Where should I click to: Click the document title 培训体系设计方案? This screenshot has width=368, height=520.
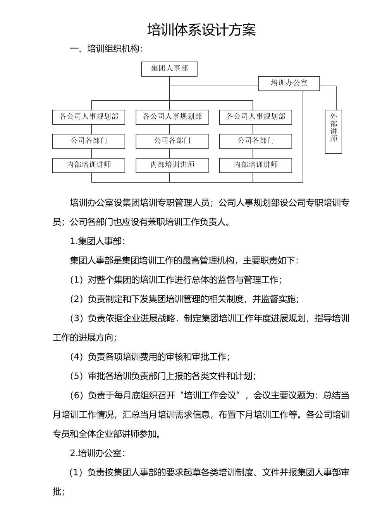201,30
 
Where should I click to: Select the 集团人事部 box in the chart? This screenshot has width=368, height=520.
169,69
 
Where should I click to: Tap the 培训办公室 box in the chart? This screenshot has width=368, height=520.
289,83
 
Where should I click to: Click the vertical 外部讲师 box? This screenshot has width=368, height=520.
333,132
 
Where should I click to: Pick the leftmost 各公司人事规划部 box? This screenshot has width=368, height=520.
89,117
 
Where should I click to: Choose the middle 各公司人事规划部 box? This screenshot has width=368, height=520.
172,117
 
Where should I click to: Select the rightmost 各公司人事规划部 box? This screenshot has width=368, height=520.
255,117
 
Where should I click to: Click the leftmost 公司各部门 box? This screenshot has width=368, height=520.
89,141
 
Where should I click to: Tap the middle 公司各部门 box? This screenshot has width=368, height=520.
172,141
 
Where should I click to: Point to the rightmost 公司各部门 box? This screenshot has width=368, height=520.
255,141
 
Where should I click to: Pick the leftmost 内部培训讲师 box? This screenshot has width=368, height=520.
89,165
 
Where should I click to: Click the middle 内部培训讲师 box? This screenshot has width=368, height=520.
172,165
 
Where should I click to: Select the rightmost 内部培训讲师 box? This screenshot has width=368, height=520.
255,165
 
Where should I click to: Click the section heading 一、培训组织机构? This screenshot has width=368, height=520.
106,49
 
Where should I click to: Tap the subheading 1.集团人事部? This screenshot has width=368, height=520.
97,241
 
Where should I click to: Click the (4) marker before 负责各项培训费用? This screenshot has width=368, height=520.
77,357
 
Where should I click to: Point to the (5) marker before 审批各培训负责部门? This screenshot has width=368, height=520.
77,376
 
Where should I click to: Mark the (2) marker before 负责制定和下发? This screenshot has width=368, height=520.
77,299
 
